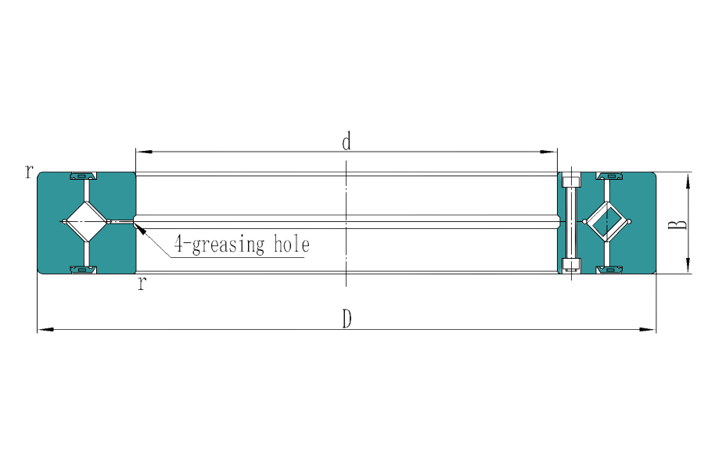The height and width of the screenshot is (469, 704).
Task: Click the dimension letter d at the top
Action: coord(347,142)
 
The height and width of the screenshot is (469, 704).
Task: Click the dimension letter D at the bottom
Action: coord(347,319)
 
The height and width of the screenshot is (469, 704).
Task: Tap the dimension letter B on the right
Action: coord(681,225)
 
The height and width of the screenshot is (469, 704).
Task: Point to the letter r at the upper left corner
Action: coord(29,171)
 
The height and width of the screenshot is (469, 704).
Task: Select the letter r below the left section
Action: coord(142,283)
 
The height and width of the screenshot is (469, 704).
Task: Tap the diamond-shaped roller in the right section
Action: coord(607,224)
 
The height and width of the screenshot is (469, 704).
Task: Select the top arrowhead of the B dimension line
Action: coord(688,177)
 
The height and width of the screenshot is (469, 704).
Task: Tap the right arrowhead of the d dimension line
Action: coord(554,149)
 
